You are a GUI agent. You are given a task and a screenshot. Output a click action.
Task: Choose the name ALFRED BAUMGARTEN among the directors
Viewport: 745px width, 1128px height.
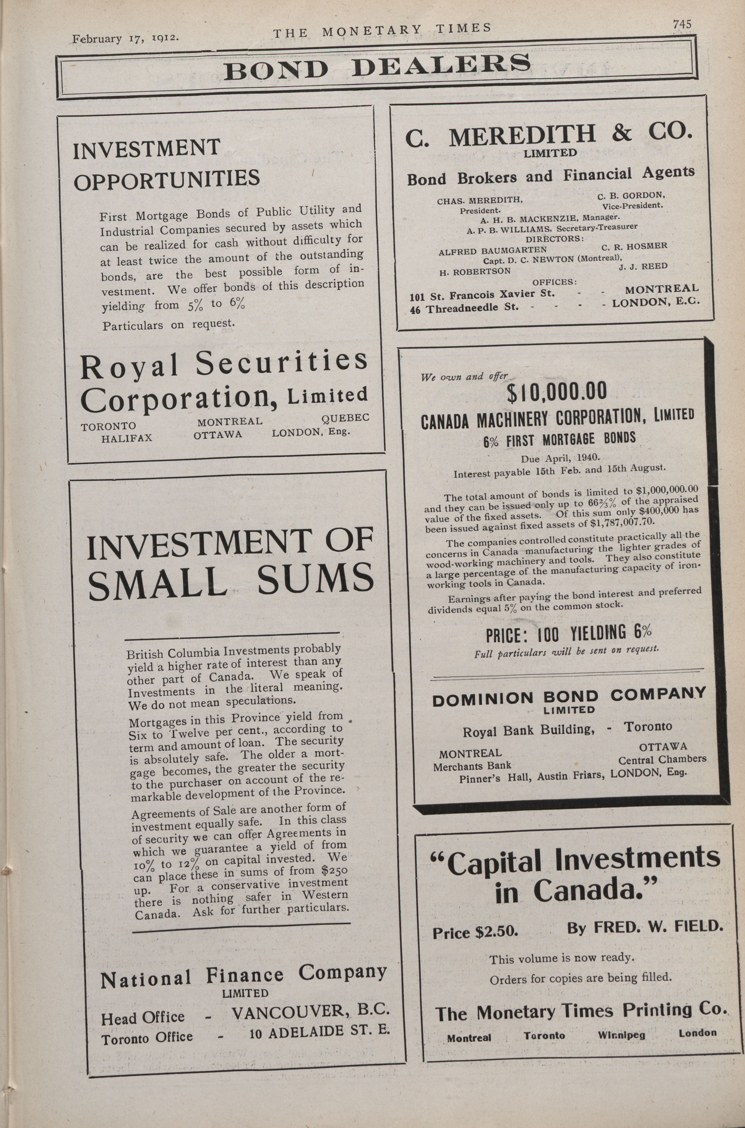point(492,251)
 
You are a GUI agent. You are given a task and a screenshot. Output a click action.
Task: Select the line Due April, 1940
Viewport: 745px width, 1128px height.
point(560,459)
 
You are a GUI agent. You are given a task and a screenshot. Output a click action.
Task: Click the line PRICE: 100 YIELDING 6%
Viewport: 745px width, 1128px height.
point(568,634)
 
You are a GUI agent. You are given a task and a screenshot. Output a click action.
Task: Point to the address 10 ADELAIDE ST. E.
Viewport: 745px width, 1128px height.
point(319,1032)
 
